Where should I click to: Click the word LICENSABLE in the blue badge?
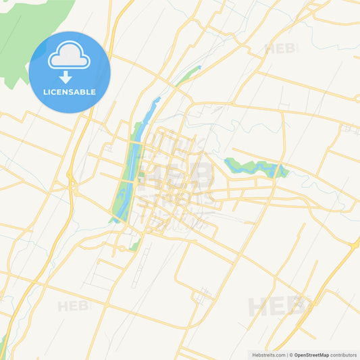pos(69,92)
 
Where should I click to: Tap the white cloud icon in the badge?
pos(70,55)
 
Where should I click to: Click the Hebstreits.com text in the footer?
pos(267,355)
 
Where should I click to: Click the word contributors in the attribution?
pos(344,355)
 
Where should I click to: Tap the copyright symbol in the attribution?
pos(291,355)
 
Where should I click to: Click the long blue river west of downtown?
pos(130,169)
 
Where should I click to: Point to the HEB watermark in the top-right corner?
pos(280,49)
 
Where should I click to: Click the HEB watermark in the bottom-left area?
pos(73,307)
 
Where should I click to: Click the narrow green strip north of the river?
pos(190,74)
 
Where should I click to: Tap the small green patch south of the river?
pos(135,245)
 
